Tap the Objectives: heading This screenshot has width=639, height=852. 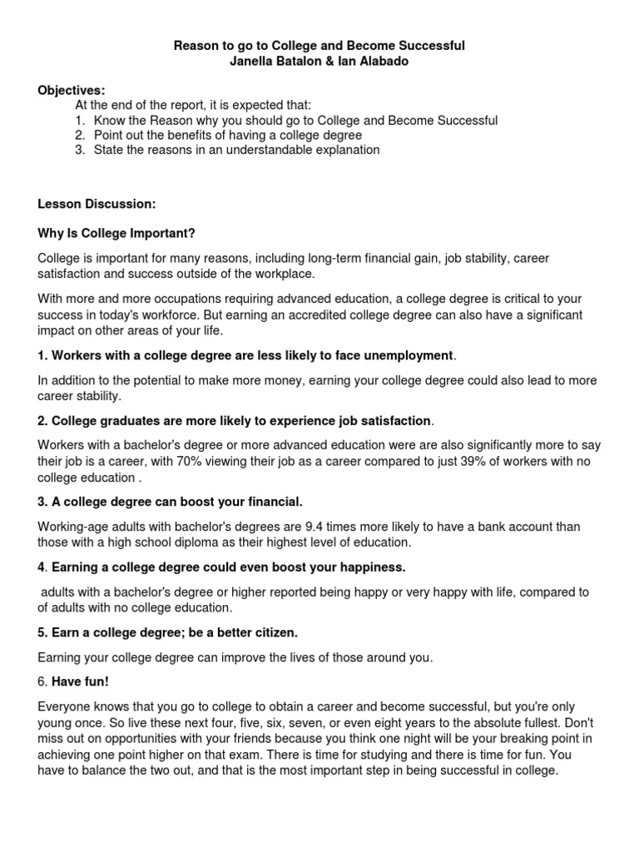point(72,90)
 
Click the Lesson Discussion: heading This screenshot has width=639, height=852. point(97,203)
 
